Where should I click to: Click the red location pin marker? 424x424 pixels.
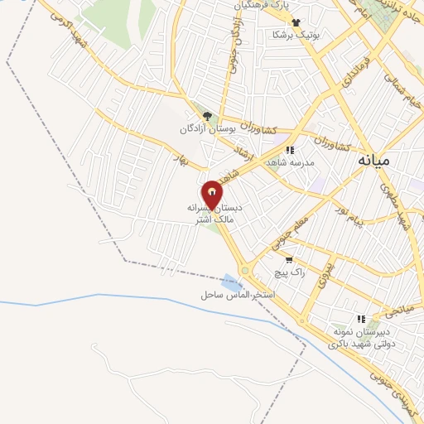[212, 195]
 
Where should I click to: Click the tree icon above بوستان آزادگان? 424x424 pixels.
[207, 116]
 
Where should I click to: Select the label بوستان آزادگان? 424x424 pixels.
[208, 129]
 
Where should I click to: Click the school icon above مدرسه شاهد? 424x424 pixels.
[290, 150]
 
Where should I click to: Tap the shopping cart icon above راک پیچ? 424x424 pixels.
[288, 259]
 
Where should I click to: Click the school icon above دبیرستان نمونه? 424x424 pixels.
[360, 318]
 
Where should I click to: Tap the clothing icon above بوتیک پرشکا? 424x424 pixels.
[296, 22]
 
